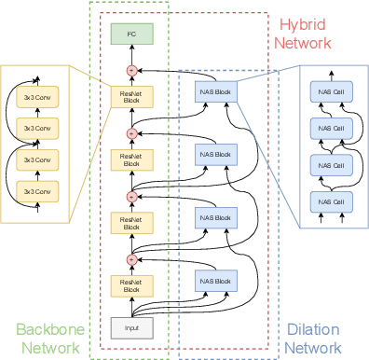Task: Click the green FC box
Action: (x=130, y=35)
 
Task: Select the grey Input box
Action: (x=130, y=327)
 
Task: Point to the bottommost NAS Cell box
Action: (x=332, y=202)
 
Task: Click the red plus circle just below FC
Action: (x=130, y=70)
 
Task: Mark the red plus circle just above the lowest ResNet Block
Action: (x=130, y=259)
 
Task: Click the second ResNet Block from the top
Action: (x=130, y=159)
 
